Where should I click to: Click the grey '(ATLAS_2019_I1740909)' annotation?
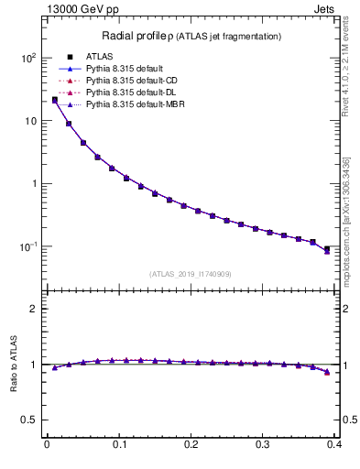pos(190,273)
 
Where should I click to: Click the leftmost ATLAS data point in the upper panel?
pos(55,100)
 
